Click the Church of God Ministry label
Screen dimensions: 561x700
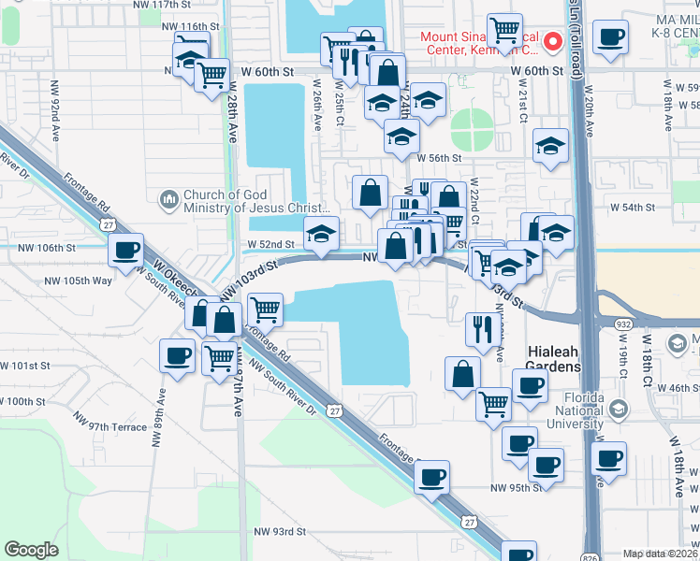click(255, 201)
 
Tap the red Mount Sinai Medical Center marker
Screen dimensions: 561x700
click(552, 41)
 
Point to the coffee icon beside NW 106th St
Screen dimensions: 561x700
click(125, 250)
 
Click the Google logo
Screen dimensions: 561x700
click(31, 550)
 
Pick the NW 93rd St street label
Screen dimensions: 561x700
click(280, 531)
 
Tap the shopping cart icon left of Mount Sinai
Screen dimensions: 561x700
click(504, 29)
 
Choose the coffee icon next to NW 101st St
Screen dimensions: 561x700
click(177, 354)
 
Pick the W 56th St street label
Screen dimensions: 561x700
click(439, 159)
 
